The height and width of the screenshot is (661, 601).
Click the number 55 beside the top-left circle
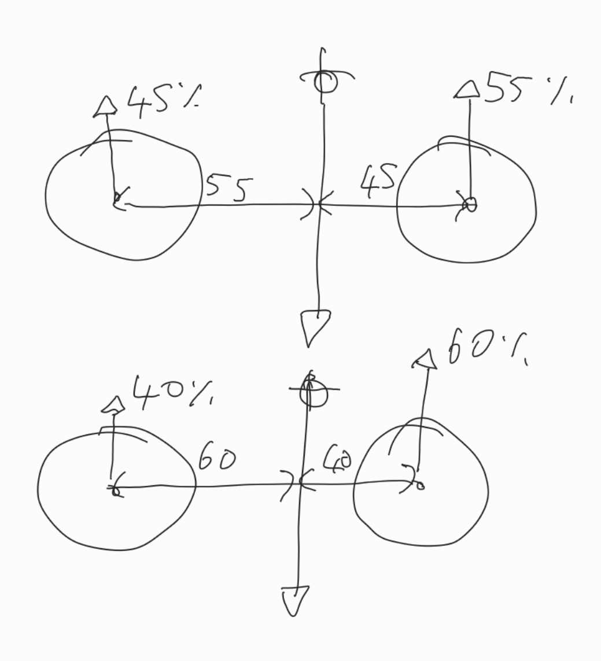pos(229,189)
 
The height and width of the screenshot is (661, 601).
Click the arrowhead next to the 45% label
pos(105,106)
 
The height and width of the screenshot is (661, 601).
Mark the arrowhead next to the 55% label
pos(467,90)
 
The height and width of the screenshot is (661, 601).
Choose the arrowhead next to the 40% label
pos(113,405)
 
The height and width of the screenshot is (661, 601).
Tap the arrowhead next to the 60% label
pos(425,359)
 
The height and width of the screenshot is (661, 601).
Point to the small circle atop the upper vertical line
pos(325,82)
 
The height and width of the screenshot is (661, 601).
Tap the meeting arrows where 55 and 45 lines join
pos(317,205)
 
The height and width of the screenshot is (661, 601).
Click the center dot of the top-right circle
pos(470,204)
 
